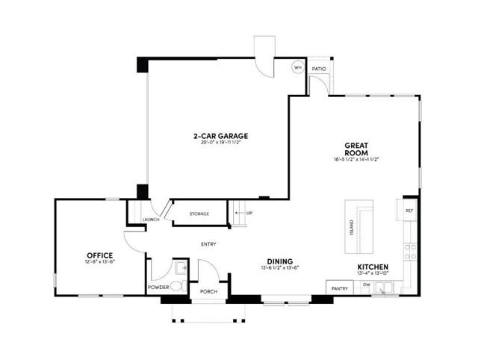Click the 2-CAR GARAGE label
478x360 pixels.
pos(220,136)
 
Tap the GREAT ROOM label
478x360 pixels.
pos(357,148)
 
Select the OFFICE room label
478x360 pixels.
pos(100,255)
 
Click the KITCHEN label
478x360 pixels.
pos(372,267)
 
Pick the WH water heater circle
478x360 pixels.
pos(297,66)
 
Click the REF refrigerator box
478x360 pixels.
pos(409,211)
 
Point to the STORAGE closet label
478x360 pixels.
pos(199,214)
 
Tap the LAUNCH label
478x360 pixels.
pos(152,220)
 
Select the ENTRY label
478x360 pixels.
pos(209,244)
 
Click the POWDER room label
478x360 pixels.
pos(158,287)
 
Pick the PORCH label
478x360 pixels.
pos(208,291)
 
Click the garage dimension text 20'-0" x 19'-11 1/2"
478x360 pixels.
pos(220,143)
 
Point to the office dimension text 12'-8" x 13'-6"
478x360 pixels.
pos(100,262)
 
